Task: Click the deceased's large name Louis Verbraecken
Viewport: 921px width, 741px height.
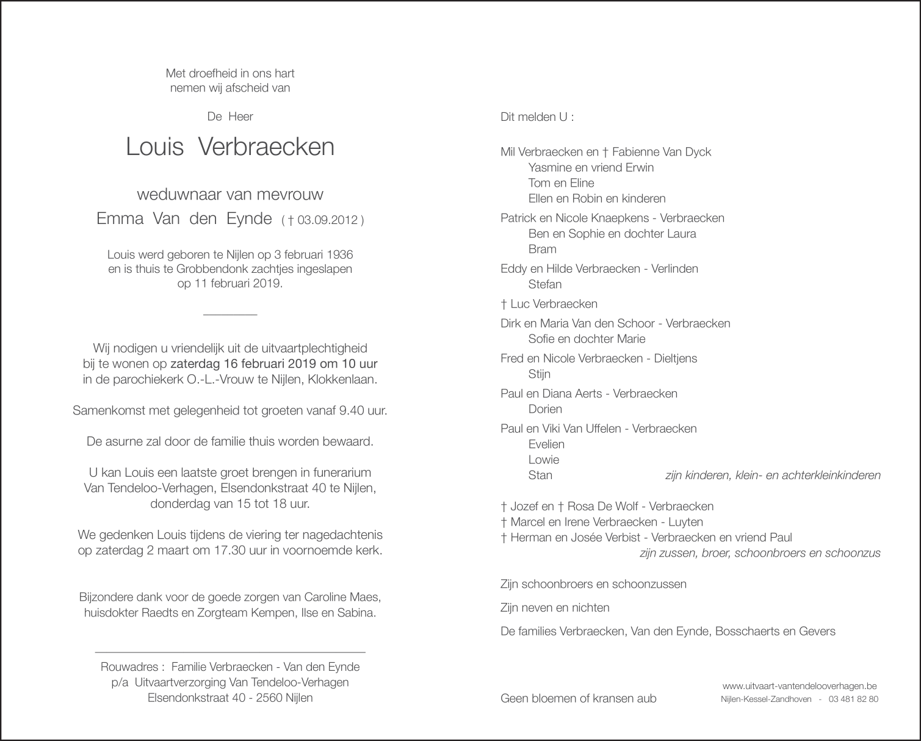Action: coord(230,147)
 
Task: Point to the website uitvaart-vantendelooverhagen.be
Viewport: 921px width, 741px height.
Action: coord(799,685)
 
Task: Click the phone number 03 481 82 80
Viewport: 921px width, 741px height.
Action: coord(854,699)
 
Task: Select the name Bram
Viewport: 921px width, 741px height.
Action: coord(543,249)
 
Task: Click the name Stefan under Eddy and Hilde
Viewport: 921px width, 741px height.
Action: coord(545,284)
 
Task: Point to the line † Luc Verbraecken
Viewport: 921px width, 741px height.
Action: coord(549,304)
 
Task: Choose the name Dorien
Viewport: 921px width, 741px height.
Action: coord(545,409)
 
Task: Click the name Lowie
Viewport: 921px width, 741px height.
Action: coord(544,460)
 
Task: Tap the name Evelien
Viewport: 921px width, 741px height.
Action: coord(547,444)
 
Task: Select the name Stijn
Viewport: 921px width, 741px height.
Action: coord(540,374)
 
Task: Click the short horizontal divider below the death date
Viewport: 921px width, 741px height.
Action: coord(230,314)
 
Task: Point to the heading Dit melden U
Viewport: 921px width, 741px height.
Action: coord(537,117)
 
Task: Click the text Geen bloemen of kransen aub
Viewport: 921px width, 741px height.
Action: coord(578,698)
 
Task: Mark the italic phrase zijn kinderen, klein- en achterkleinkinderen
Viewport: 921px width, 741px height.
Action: coord(772,475)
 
